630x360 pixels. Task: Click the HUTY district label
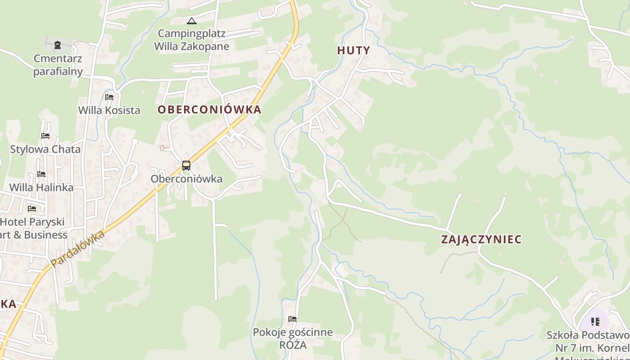(353, 50)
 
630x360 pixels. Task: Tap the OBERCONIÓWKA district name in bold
(209, 110)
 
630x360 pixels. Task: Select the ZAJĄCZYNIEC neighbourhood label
(481, 239)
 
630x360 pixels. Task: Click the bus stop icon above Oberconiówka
(186, 166)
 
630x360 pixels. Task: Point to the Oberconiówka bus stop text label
(186, 179)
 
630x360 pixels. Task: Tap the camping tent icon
(192, 21)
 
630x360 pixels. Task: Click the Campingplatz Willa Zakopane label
(192, 40)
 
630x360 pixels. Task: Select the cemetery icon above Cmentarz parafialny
(58, 45)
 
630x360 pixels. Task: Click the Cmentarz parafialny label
(58, 65)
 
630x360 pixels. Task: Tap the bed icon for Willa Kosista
(109, 97)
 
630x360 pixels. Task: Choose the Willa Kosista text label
(109, 110)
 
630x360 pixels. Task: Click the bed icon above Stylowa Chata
(45, 136)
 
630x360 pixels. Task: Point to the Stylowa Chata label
(45, 149)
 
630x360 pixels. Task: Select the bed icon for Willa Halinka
(41, 174)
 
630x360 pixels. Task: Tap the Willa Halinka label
(41, 187)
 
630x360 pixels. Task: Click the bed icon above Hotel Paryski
(32, 209)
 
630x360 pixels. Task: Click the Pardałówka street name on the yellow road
(77, 249)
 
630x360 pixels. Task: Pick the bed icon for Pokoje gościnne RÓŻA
(292, 319)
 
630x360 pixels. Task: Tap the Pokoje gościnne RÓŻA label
(292, 338)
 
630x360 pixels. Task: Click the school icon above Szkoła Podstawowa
(595, 322)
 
